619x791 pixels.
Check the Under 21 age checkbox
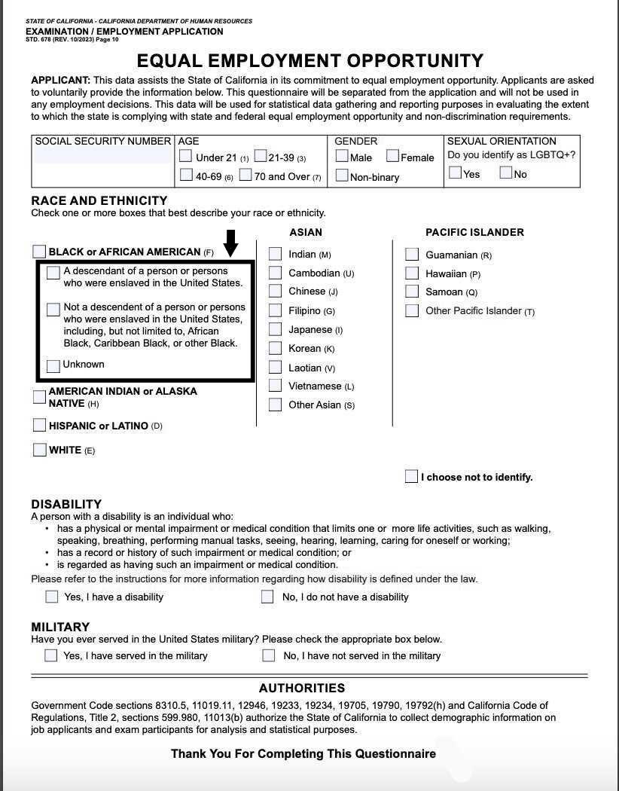185,157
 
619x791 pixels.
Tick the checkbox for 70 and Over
245,176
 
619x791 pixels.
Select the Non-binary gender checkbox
342,176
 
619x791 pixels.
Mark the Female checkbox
392,156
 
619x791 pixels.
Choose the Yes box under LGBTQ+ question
455,173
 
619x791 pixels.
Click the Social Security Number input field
103,156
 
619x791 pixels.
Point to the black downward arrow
231,243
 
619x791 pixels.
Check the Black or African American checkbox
39,251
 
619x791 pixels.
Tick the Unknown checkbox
53,365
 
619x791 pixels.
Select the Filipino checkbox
275,310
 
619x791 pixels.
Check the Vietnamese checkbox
275,386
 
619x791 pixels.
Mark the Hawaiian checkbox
412,273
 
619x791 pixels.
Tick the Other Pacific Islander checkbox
412,310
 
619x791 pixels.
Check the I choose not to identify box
411,476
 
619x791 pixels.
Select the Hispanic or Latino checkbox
39,425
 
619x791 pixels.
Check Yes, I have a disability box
51,597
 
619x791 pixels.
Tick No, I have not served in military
268,655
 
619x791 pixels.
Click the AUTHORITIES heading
301,688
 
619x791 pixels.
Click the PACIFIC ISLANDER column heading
474,232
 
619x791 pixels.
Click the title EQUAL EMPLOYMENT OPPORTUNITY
309,61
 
